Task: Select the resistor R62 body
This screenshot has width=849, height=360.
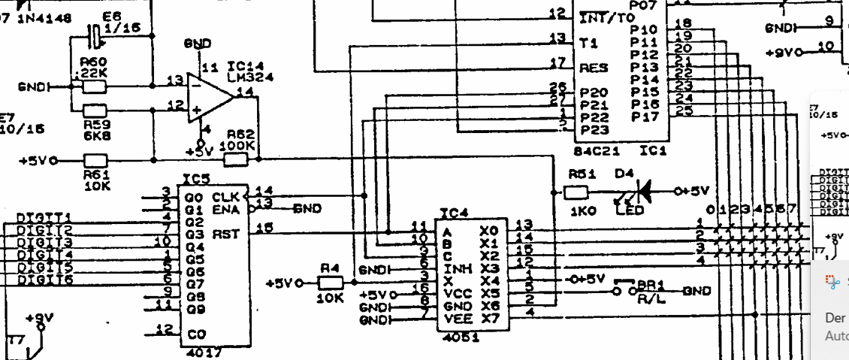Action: tap(236, 159)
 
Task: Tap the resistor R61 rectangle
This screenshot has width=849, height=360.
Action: tap(95, 160)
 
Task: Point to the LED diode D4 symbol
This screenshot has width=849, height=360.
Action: tap(640, 191)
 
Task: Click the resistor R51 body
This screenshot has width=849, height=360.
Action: tap(576, 192)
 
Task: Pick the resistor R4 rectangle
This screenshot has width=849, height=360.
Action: tap(330, 283)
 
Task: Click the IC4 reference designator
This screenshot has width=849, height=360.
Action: tap(454, 214)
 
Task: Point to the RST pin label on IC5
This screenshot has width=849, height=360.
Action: tap(225, 234)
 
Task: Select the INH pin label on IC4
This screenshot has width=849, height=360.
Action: tap(454, 268)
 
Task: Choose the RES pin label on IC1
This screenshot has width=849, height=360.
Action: tap(594, 68)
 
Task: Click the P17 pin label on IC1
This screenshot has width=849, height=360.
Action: tap(645, 116)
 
